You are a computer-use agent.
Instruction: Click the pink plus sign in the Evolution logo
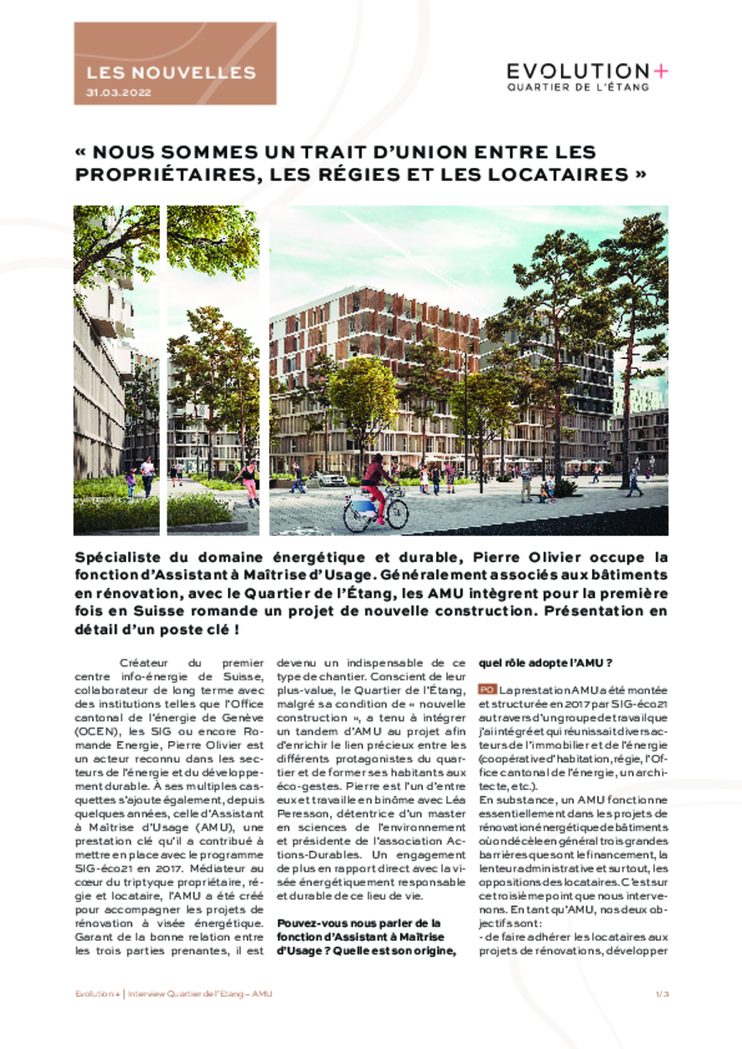pos(661,71)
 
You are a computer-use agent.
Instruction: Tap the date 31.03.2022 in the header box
pos(119,93)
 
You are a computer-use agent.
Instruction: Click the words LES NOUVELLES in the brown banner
pos(171,73)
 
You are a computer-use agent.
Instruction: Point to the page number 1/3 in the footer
pos(662,993)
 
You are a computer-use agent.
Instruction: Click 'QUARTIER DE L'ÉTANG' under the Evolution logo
pos(577,87)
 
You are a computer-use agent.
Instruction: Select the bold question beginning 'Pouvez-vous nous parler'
pos(359,922)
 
